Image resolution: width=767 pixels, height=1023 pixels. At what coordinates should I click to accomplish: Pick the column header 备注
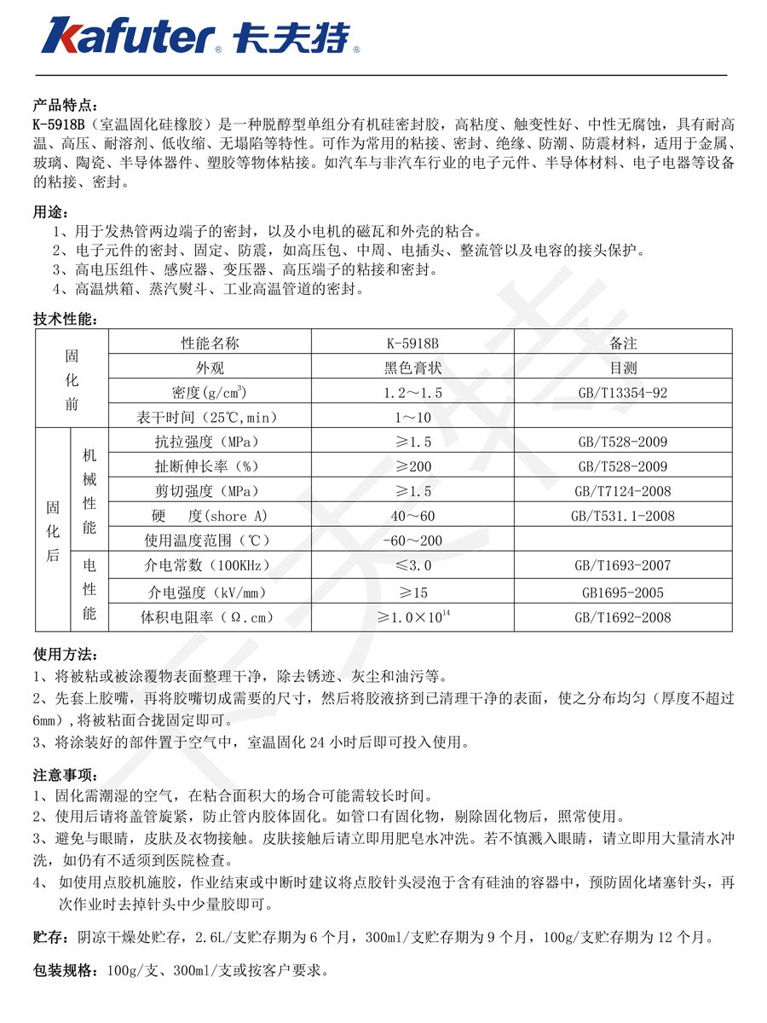(x=623, y=344)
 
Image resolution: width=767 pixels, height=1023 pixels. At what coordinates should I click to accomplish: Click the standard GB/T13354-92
(x=623, y=393)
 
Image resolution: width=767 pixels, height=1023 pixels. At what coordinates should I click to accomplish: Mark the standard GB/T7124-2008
(x=623, y=491)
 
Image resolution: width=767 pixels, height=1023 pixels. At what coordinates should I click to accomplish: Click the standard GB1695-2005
(x=623, y=592)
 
